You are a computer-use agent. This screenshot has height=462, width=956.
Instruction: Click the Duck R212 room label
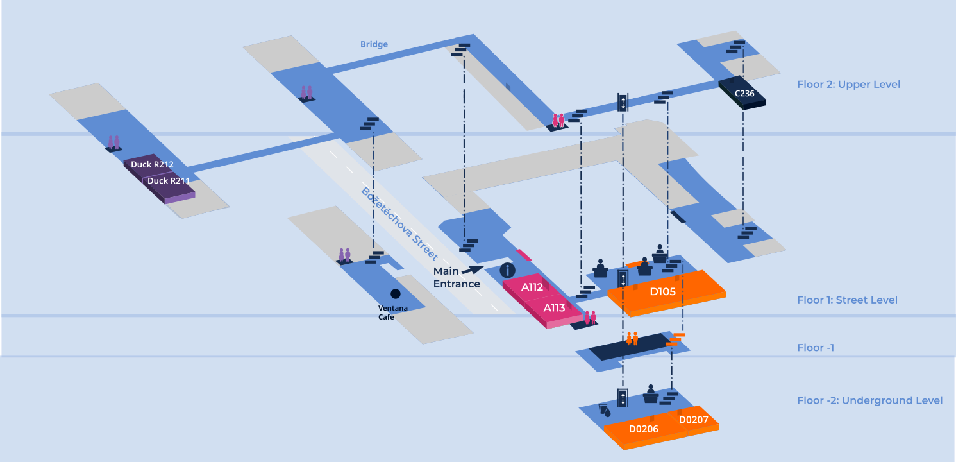[x=152, y=165]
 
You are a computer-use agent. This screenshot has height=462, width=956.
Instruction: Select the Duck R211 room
[x=169, y=181]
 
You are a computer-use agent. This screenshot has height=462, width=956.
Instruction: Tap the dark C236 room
[x=744, y=94]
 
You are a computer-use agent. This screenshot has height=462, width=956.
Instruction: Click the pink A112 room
[x=532, y=287]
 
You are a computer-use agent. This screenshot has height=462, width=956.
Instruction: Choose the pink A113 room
[x=554, y=308]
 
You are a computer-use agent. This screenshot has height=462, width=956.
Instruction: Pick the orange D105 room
[x=662, y=292]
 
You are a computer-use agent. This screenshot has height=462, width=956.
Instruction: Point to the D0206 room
[x=643, y=429]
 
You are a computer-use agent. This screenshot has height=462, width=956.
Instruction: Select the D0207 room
[x=693, y=420]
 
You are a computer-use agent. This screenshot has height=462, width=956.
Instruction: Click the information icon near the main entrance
[x=507, y=270]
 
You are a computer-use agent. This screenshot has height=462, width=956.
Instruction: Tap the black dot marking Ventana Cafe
[x=396, y=294]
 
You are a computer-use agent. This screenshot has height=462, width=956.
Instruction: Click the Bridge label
[x=374, y=44]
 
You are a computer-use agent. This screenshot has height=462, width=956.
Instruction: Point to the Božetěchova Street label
[x=399, y=223]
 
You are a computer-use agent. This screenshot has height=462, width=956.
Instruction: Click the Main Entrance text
[x=457, y=278]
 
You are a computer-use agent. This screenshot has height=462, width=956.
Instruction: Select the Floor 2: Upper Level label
[x=848, y=85]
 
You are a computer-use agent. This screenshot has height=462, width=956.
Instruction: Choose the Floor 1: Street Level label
[x=847, y=300]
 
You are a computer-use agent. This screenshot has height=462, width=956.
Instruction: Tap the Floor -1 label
[x=815, y=348]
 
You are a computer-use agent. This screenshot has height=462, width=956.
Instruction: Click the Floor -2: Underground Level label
[x=869, y=400]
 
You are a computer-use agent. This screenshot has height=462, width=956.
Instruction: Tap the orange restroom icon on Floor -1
[x=632, y=338]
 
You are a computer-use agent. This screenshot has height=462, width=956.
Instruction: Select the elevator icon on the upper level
[x=623, y=103]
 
